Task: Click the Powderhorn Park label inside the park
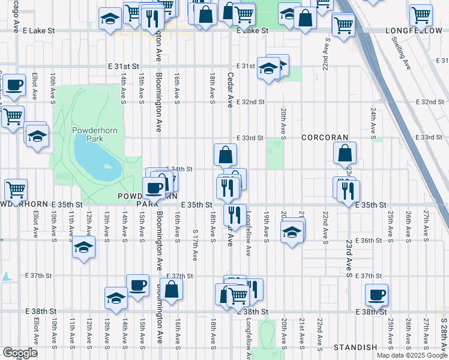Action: (x=88, y=134)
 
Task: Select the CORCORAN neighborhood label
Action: (x=325, y=137)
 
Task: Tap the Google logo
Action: (x=20, y=353)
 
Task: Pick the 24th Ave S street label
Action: (x=373, y=123)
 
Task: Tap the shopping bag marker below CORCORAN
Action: (x=345, y=154)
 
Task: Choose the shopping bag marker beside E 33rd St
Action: (x=225, y=155)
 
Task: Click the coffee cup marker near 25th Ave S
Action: (x=376, y=295)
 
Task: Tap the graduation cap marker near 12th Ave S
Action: (x=83, y=247)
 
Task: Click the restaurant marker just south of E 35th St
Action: (x=234, y=214)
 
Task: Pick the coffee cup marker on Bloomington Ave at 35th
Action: (x=154, y=188)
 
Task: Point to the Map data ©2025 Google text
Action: (x=411, y=355)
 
